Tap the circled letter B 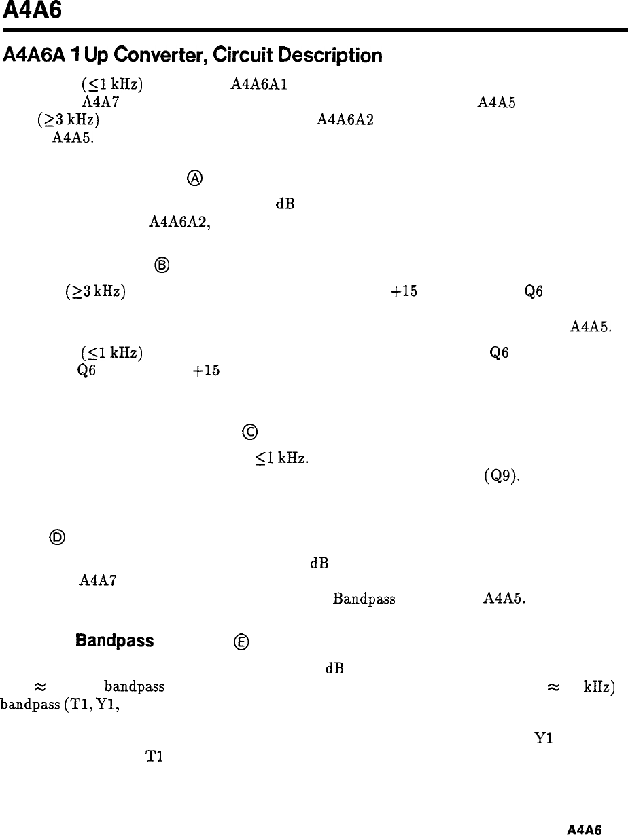tap(162, 266)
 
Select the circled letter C tap(247, 432)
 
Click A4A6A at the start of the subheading tap(29, 54)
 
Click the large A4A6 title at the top tap(32, 12)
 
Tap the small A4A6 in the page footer tap(585, 829)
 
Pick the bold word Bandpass tap(115, 642)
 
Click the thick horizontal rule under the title tap(314, 30)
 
